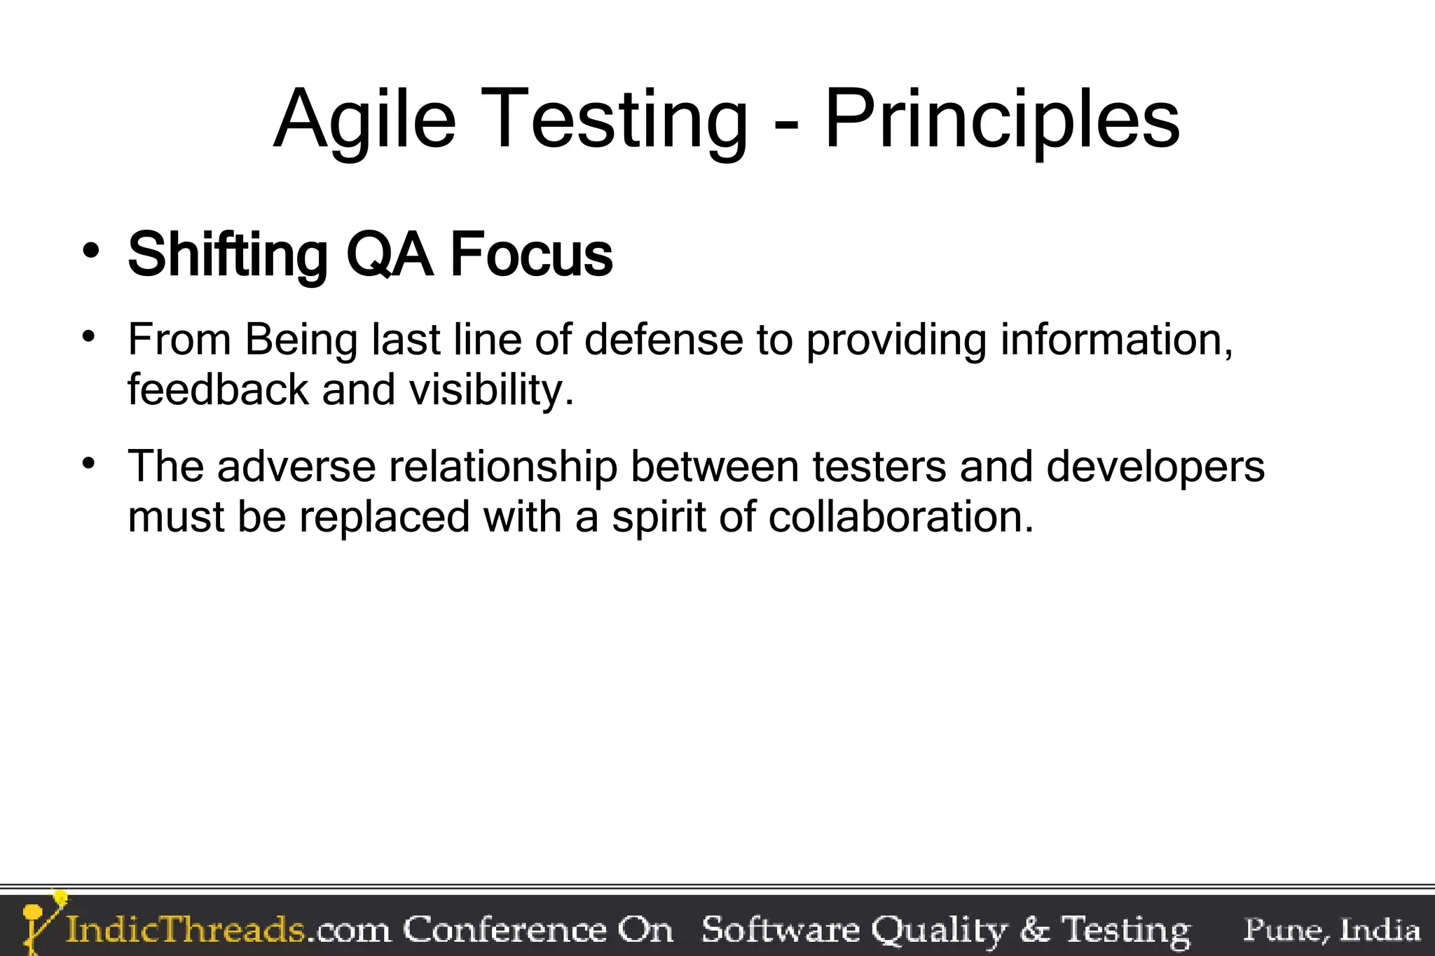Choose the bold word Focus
click(x=531, y=256)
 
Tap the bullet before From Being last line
click(x=88, y=337)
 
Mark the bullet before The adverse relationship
click(x=88, y=464)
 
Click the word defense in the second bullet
click(x=663, y=340)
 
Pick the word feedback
click(x=217, y=390)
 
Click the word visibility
click(x=490, y=390)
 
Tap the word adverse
click(x=296, y=467)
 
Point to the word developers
click(x=1155, y=467)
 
